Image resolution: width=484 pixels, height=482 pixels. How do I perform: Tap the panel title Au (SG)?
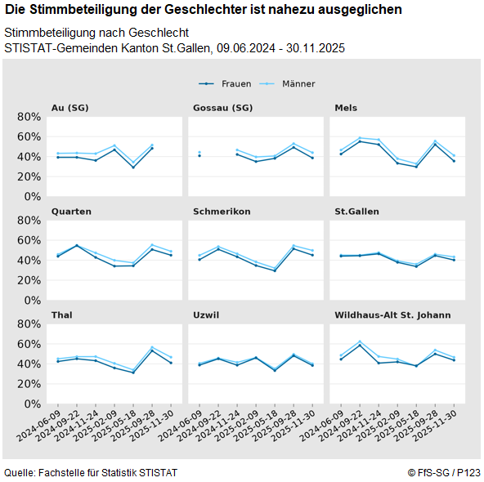[x=69, y=108]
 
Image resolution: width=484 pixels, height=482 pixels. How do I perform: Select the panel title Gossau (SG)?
[x=222, y=108]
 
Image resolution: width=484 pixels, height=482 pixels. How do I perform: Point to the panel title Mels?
[x=346, y=108]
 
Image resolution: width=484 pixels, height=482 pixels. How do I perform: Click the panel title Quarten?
[x=71, y=211]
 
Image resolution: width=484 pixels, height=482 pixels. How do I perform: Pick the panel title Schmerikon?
[x=222, y=211]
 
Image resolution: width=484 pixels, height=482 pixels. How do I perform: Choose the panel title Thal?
[x=63, y=315]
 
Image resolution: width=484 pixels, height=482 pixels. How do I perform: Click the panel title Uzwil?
[x=206, y=315]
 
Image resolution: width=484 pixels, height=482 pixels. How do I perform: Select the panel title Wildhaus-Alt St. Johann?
[x=392, y=315]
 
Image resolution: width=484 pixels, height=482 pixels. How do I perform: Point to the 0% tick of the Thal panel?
[x=31, y=404]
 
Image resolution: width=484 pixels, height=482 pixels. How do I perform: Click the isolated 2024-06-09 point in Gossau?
[x=199, y=154]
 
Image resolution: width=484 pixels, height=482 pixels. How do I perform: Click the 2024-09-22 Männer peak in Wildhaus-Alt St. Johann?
[x=360, y=341]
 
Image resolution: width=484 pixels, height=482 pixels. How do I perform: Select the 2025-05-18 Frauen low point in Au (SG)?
[x=133, y=167]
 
